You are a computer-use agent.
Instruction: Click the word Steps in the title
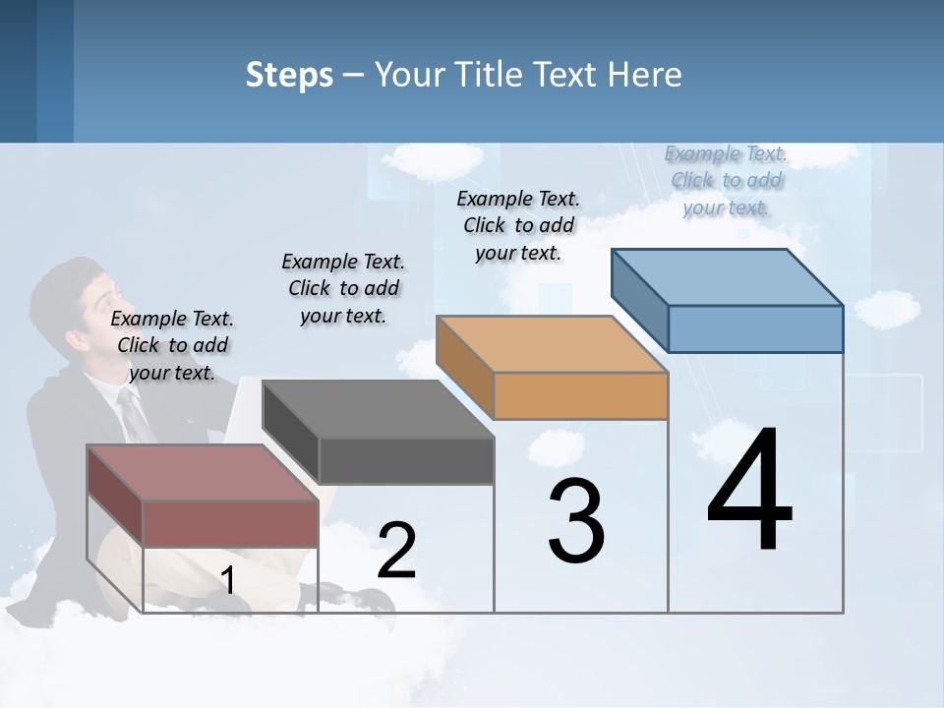click(x=289, y=75)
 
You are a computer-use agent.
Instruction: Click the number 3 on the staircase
click(x=575, y=521)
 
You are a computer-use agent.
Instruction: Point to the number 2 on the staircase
click(x=396, y=551)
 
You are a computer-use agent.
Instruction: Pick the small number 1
click(x=227, y=581)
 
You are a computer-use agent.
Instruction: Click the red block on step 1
click(x=206, y=497)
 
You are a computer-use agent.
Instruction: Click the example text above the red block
click(x=172, y=345)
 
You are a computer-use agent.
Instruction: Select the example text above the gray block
click(x=343, y=288)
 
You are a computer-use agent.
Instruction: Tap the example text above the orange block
click(x=518, y=225)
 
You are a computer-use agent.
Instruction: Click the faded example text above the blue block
click(x=726, y=180)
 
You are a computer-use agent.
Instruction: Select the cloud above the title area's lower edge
click(x=433, y=159)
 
